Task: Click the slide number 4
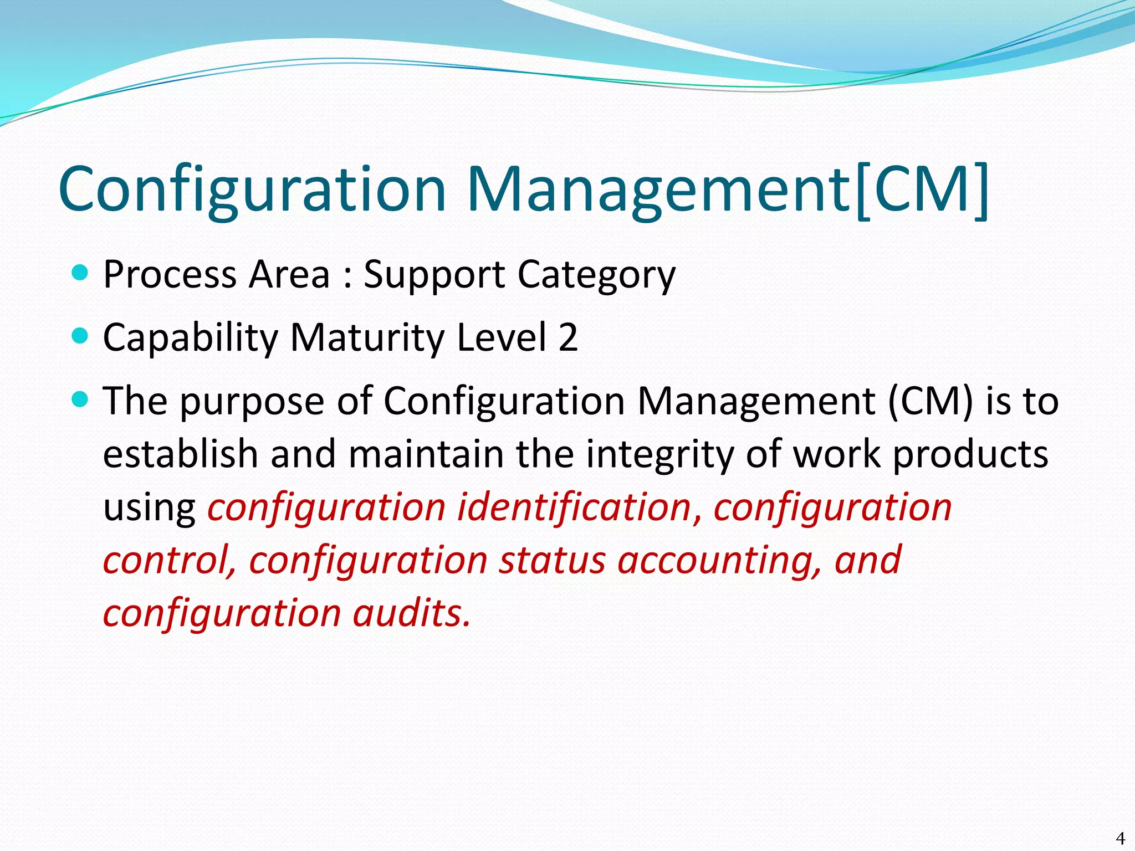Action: tap(1120, 838)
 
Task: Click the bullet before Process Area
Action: tap(80, 273)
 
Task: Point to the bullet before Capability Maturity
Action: tap(80, 336)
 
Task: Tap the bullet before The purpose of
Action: tap(80, 399)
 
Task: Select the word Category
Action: tap(596, 275)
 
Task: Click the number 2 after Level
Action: tap(568, 337)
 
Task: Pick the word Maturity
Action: tap(367, 338)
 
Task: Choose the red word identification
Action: tap(574, 507)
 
